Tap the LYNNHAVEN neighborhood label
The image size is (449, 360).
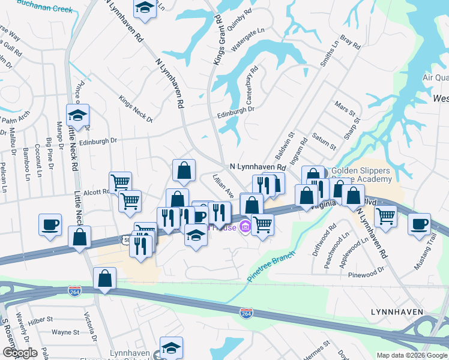coord(397,312)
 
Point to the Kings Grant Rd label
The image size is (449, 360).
coord(220,46)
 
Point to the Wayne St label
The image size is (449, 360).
coord(65,332)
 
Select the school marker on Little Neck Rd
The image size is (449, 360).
coord(77,114)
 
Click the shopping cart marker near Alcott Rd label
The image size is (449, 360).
coord(120,182)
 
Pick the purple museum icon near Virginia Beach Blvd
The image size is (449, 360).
coord(245,227)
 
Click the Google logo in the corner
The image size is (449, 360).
coord(19,353)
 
